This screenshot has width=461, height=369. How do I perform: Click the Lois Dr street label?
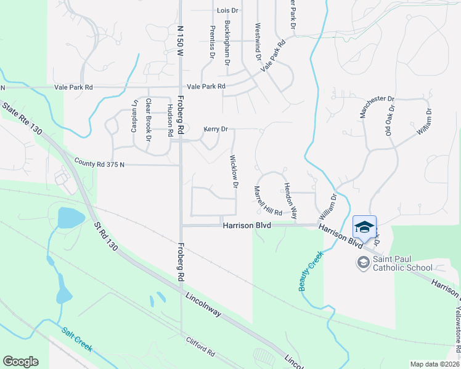point(228,11)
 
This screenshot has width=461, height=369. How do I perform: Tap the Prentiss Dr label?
point(212,42)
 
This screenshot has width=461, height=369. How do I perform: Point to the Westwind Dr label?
point(258,44)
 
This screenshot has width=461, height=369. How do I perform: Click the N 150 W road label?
point(181,41)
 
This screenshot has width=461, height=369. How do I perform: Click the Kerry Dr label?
point(216,129)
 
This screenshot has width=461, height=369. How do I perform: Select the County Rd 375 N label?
point(99,164)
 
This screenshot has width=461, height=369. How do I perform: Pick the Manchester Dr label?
point(377,106)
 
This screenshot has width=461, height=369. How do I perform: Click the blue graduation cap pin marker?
point(364,227)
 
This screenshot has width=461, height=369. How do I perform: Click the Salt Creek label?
point(77,339)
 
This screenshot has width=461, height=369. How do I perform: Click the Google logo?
point(20,362)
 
